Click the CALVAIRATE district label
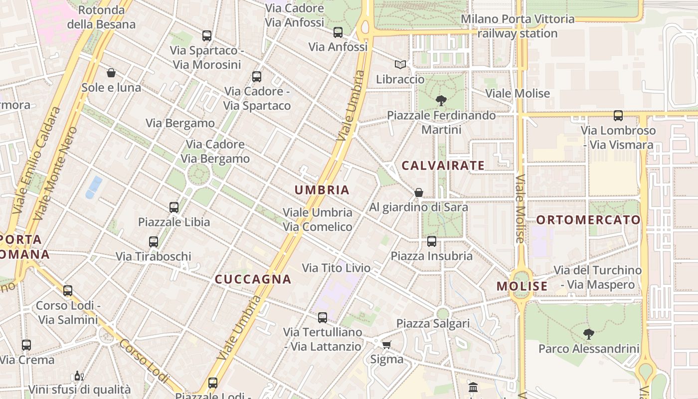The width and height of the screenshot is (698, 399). click(x=443, y=166)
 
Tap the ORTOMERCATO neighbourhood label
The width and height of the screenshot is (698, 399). click(x=588, y=220)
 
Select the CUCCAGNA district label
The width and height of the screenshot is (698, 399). click(x=253, y=279)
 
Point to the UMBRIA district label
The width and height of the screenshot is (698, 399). click(x=322, y=190)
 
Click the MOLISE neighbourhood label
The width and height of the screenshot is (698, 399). click(x=522, y=286)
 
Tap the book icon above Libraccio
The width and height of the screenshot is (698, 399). click(x=400, y=64)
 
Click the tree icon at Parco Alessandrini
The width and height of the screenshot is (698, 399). click(x=588, y=334)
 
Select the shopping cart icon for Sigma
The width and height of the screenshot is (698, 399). click(x=386, y=345)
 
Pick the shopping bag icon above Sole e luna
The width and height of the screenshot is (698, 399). click(x=111, y=73)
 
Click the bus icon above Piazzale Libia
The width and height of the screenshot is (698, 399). click(x=174, y=207)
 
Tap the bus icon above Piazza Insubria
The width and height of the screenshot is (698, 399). click(x=431, y=241)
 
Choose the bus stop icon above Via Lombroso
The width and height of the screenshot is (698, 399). click(x=618, y=116)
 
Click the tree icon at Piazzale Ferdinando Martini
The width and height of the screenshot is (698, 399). click(x=441, y=101)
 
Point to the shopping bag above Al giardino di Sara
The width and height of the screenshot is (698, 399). click(x=419, y=193)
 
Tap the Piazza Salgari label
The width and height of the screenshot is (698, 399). click(x=433, y=323)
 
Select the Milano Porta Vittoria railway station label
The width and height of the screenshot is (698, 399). click(x=518, y=26)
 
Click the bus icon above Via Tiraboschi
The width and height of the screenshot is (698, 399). click(x=154, y=242)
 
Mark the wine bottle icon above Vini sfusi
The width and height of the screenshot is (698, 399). click(x=78, y=375)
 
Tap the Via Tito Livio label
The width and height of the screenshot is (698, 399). click(x=336, y=268)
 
